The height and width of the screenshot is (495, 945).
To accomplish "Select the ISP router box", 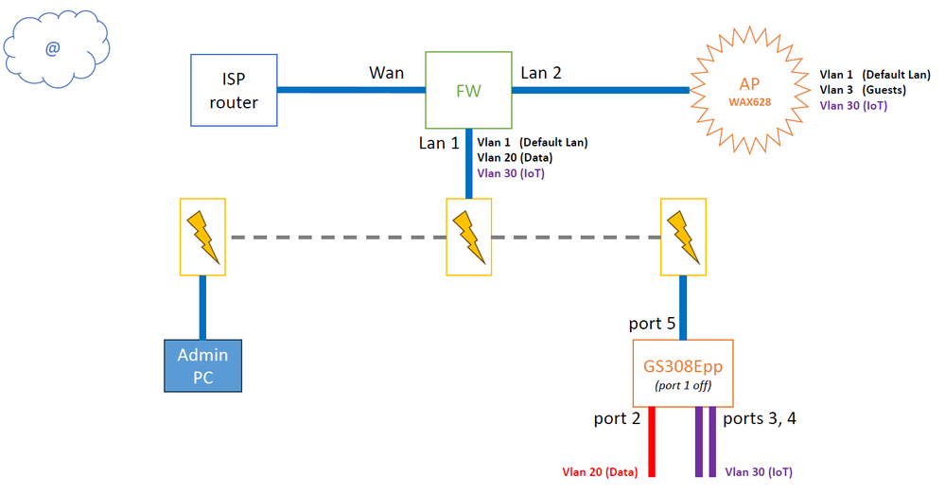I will coord(233,91).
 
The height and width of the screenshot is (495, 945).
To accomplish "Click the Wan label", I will coord(386,72).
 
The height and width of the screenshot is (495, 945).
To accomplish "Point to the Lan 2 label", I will coord(542,72).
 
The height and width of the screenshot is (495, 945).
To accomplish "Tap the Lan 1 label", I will coord(440,143).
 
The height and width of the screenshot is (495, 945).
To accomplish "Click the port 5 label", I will coord(653,324).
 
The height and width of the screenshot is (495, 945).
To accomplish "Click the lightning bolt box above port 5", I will coord(682,237).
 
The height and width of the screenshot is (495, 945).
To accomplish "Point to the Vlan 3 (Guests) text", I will coord(863,91).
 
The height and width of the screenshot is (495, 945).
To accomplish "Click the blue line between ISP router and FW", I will coord(351,91).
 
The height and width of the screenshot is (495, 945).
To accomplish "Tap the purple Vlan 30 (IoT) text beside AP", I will coord(853,106).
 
